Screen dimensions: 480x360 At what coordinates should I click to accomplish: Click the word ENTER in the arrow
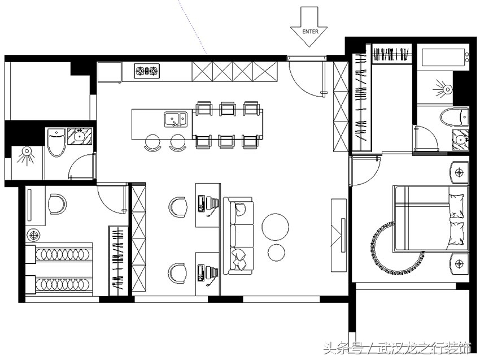[310, 32]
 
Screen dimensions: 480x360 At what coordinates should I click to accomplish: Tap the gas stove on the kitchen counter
[147, 71]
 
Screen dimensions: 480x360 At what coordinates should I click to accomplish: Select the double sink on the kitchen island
[176, 119]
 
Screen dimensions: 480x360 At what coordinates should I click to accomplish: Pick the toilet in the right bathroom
[454, 117]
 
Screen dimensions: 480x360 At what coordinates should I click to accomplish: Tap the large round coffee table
[275, 227]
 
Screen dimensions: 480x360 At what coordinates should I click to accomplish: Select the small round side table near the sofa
[277, 253]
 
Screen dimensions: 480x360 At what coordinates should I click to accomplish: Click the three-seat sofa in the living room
[238, 236]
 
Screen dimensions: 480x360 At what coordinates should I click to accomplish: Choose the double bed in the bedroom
[431, 219]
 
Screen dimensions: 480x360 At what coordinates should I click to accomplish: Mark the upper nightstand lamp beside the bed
[459, 173]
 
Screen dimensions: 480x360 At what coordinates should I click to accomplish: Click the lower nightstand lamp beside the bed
[459, 263]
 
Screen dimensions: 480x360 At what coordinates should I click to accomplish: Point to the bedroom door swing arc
[372, 177]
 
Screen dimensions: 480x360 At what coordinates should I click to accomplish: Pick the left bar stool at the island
[152, 143]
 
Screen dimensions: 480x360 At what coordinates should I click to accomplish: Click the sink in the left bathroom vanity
[80, 136]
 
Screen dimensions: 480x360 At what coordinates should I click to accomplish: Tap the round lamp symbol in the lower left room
[33, 235]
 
